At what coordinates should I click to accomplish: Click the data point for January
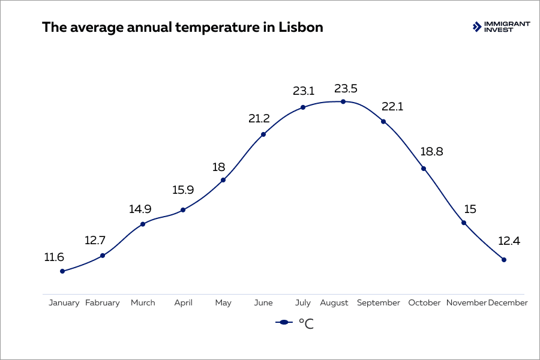click(62, 271)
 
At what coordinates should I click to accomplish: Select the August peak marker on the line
click(343, 101)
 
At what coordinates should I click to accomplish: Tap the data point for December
click(504, 260)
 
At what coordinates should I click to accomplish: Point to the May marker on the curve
click(223, 180)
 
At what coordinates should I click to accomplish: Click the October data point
click(424, 169)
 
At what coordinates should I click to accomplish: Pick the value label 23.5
click(345, 89)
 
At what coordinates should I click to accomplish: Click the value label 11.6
click(54, 257)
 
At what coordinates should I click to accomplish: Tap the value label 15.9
click(182, 190)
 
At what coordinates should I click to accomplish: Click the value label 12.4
click(510, 242)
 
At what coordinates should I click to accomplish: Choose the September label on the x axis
click(378, 303)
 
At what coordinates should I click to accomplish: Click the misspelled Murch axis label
click(143, 303)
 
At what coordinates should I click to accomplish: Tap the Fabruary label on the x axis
click(103, 303)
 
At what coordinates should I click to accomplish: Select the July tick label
click(303, 303)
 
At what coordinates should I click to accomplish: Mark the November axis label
click(466, 303)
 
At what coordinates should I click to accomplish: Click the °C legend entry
click(295, 323)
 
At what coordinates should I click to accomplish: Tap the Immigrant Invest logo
click(501, 26)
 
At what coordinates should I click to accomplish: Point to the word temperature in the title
click(203, 28)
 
